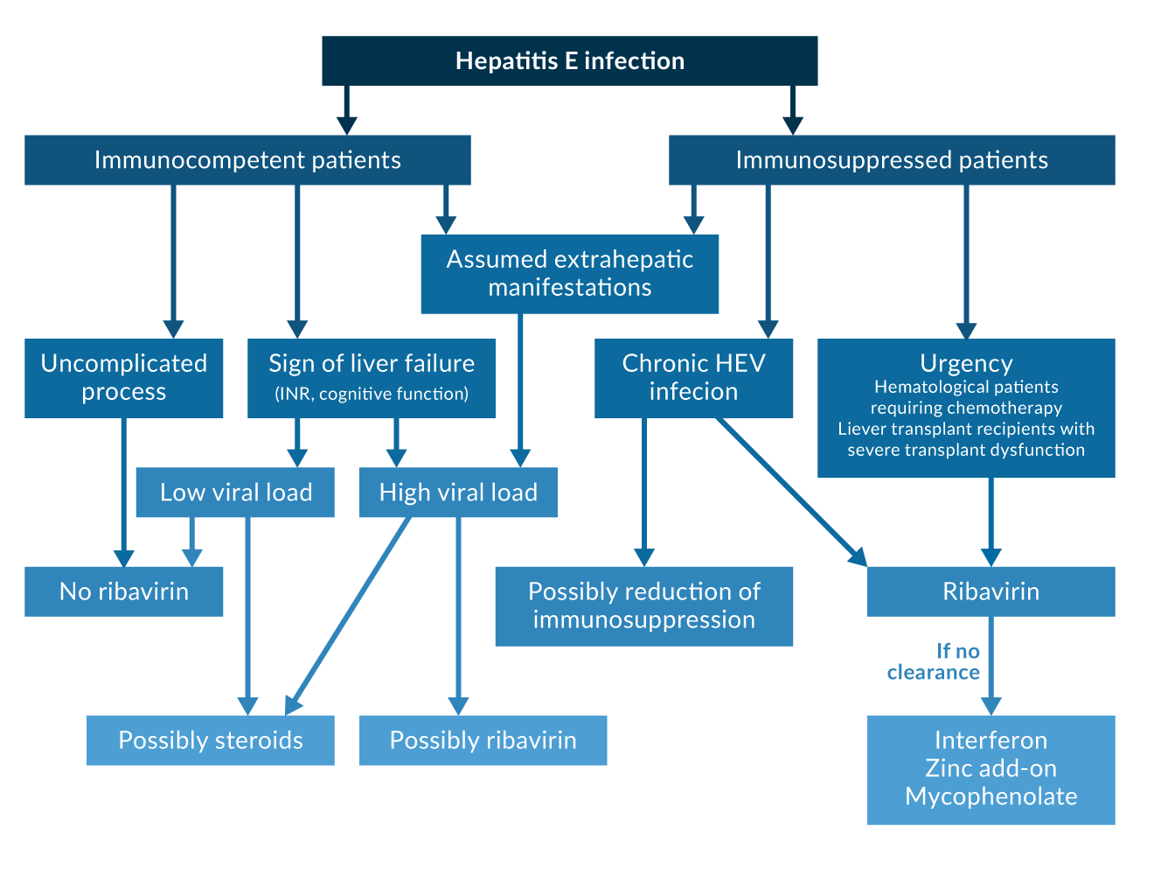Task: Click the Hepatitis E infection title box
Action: (x=569, y=60)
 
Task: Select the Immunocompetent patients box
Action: (x=247, y=160)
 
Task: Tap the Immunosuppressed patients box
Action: (x=892, y=160)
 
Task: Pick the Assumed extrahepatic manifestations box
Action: (x=569, y=274)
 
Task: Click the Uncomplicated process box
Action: (x=124, y=378)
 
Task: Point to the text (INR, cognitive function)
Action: (x=372, y=395)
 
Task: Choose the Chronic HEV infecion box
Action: (x=693, y=378)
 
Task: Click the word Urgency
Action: (x=966, y=363)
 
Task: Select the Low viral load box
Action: (x=235, y=493)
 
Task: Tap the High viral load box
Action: (x=458, y=493)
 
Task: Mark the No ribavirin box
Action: (x=124, y=591)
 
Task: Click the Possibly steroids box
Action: (x=211, y=740)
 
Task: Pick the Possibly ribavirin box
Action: (x=483, y=740)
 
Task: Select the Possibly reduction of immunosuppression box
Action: (x=644, y=605)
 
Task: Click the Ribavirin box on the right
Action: (x=991, y=591)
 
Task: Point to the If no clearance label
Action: (x=934, y=662)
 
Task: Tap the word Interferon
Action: (x=991, y=740)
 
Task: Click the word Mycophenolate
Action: (x=991, y=796)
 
